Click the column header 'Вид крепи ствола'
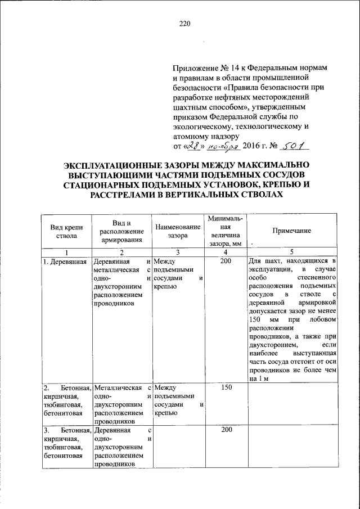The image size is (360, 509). [x=66, y=231]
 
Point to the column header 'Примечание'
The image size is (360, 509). [x=291, y=231]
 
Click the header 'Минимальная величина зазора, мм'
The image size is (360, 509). [x=224, y=231]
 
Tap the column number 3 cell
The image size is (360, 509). [x=177, y=252]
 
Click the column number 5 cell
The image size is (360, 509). [x=291, y=252]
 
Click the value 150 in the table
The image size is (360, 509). [x=225, y=388]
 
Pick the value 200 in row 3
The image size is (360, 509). [x=225, y=430]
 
